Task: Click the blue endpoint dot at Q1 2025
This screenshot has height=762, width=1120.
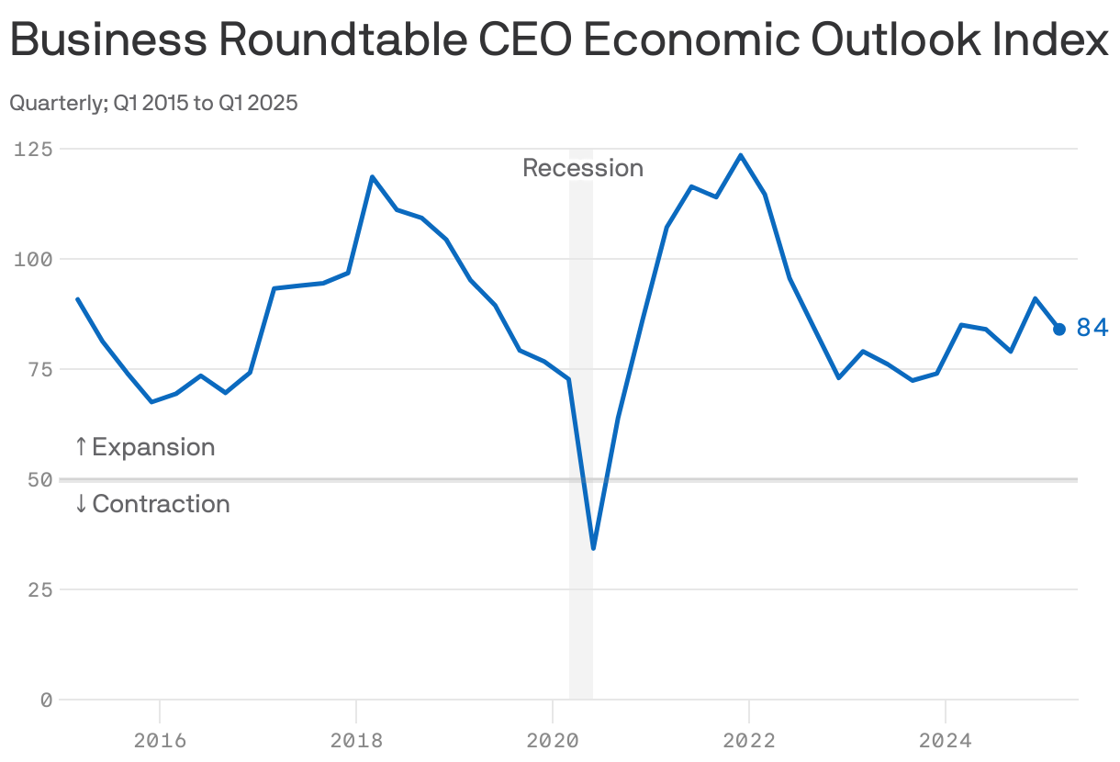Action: [x=1058, y=329]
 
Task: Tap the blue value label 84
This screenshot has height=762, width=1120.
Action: [x=1092, y=328]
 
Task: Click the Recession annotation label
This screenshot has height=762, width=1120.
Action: [x=583, y=168]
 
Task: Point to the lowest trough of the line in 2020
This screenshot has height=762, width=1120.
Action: [x=594, y=548]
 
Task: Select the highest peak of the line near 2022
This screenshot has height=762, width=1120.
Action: [x=740, y=155]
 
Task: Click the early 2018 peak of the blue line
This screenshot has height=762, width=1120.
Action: [x=372, y=176]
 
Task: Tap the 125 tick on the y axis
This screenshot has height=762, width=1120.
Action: [x=33, y=149]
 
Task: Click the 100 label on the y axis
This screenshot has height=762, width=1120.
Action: [x=33, y=259]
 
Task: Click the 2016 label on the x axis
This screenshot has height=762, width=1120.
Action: [x=160, y=740]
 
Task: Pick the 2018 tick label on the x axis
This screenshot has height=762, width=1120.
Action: [x=356, y=740]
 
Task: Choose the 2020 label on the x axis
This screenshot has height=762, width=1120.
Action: [x=553, y=740]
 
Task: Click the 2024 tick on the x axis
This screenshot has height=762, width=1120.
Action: [x=946, y=740]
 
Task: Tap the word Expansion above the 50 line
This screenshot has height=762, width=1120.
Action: [x=153, y=447]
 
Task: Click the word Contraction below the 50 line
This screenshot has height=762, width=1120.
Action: [x=161, y=504]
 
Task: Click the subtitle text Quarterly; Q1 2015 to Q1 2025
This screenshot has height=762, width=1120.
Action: [x=153, y=103]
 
